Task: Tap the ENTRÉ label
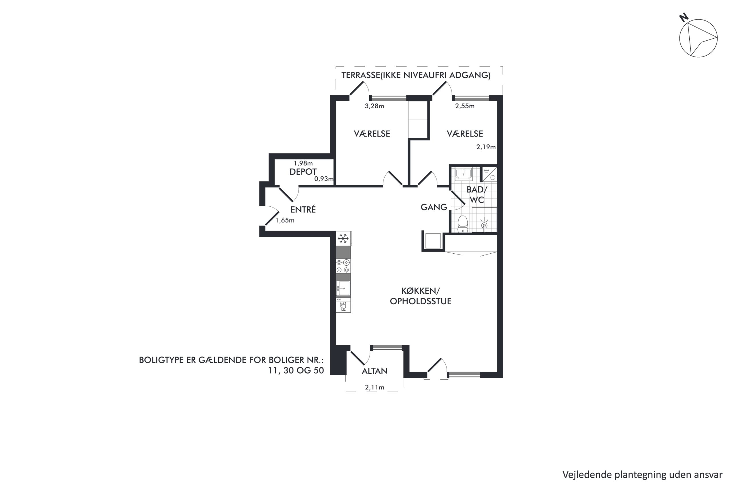pyautogui.click(x=303, y=209)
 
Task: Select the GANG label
pyautogui.click(x=434, y=207)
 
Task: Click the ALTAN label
pyautogui.click(x=374, y=371)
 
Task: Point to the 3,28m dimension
pyautogui.click(x=374, y=106)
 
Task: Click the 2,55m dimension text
pyautogui.click(x=465, y=106)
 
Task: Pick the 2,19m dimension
pyautogui.click(x=486, y=147)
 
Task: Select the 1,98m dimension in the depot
pyautogui.click(x=303, y=163)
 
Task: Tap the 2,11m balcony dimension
pyautogui.click(x=374, y=387)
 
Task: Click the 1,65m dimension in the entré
pyautogui.click(x=285, y=220)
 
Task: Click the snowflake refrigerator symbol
pyautogui.click(x=343, y=238)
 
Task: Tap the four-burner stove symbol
pyautogui.click(x=343, y=266)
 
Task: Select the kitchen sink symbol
pyautogui.click(x=343, y=288)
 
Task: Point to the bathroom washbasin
pyautogui.click(x=464, y=174)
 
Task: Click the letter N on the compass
pyautogui.click(x=684, y=17)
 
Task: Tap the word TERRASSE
pyautogui.click(x=361, y=75)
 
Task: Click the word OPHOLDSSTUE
pyautogui.click(x=421, y=301)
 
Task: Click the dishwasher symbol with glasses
pyautogui.click(x=343, y=305)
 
